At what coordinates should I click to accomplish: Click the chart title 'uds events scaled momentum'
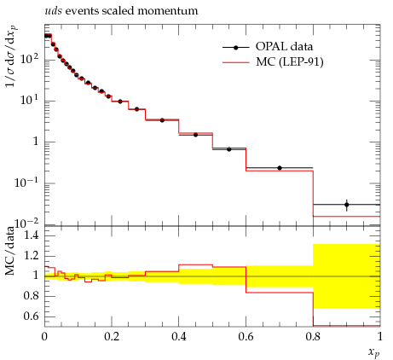[x=121, y=11]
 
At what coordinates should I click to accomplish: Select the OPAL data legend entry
[x=268, y=47]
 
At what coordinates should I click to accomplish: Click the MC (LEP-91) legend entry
[x=273, y=62]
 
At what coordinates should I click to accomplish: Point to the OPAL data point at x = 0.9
[x=346, y=205]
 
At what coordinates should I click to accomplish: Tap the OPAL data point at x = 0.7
[x=280, y=168]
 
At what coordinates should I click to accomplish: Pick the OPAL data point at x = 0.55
[x=229, y=149]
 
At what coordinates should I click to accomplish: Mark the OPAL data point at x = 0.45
[x=195, y=135]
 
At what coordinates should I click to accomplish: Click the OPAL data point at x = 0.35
[x=162, y=120]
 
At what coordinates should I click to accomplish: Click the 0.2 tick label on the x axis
[x=112, y=337]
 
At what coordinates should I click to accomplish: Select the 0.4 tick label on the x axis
[x=179, y=337]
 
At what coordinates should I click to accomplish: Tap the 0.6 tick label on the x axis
[x=246, y=337]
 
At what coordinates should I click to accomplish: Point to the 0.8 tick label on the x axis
[x=313, y=337]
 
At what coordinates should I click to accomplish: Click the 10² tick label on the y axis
[x=29, y=58]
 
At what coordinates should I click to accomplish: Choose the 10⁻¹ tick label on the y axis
[x=26, y=182]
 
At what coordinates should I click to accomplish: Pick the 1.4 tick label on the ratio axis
[x=32, y=235]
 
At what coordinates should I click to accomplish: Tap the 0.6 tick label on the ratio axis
[x=32, y=316]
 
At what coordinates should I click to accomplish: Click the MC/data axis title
[x=10, y=251]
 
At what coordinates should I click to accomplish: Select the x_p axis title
[x=374, y=352]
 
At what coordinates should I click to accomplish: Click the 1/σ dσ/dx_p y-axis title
[x=10, y=56]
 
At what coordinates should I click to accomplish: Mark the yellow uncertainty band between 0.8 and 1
[x=346, y=276]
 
